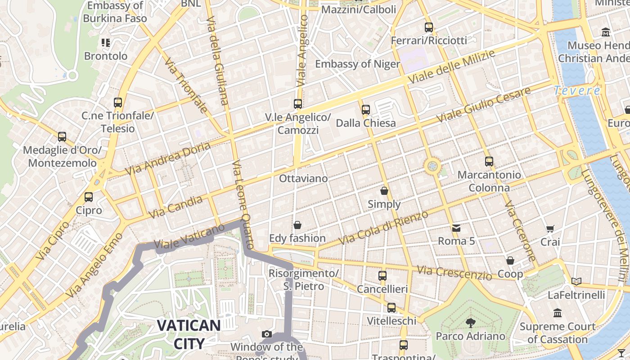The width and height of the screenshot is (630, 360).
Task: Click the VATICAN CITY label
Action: (189, 334)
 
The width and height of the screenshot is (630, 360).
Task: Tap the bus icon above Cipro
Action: (89, 197)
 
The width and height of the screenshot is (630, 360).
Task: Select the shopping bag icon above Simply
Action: (384, 191)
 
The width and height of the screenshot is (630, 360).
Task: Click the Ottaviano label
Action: (303, 179)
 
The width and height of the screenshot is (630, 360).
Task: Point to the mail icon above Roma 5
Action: (456, 228)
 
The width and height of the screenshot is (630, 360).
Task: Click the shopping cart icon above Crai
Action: (550, 229)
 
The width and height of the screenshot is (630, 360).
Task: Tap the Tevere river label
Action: (577, 90)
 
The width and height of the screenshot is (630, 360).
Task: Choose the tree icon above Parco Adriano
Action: (470, 323)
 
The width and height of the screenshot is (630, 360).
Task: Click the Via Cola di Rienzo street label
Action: (383, 228)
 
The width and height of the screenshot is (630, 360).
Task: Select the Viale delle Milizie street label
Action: (451, 66)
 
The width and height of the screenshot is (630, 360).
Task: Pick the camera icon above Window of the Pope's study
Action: (267, 334)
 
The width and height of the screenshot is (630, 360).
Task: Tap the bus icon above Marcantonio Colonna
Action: (489, 161)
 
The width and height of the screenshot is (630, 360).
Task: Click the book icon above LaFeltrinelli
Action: (576, 282)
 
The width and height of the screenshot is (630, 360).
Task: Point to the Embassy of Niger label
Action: (357, 64)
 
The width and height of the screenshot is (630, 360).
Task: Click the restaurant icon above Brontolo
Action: (106, 43)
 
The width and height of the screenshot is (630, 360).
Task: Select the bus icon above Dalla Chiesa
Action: (366, 109)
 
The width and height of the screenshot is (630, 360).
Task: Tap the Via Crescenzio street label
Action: (454, 273)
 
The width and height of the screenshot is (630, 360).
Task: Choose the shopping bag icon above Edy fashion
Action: (297, 225)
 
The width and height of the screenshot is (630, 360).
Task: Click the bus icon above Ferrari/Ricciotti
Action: (429, 27)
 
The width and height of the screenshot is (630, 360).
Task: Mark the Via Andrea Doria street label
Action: (168, 159)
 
